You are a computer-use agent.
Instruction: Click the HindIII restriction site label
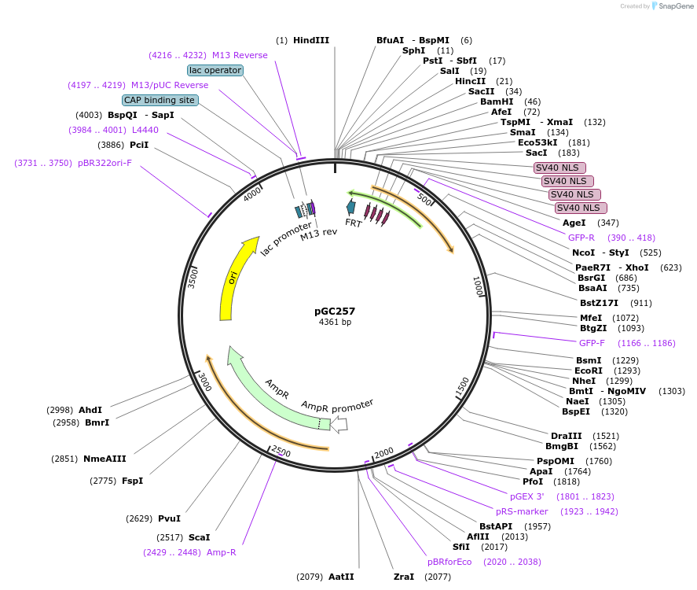[x=311, y=40]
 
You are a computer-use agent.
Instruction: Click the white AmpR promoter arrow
[x=339, y=425]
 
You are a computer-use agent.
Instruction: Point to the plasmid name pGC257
[x=335, y=311]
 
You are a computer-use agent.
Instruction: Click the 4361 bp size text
[x=335, y=323]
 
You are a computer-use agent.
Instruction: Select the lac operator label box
[x=215, y=70]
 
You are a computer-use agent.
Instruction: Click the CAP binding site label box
[x=160, y=100]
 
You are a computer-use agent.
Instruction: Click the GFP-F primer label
[x=592, y=343]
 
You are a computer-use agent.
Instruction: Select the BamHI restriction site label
[x=496, y=101]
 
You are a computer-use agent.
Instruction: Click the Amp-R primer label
[x=222, y=552]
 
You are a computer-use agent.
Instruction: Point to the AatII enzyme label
[x=341, y=577]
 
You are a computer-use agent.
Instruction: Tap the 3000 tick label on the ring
[x=203, y=382]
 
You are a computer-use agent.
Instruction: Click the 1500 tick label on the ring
[x=462, y=385]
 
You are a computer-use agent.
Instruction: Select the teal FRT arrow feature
[x=351, y=208]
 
